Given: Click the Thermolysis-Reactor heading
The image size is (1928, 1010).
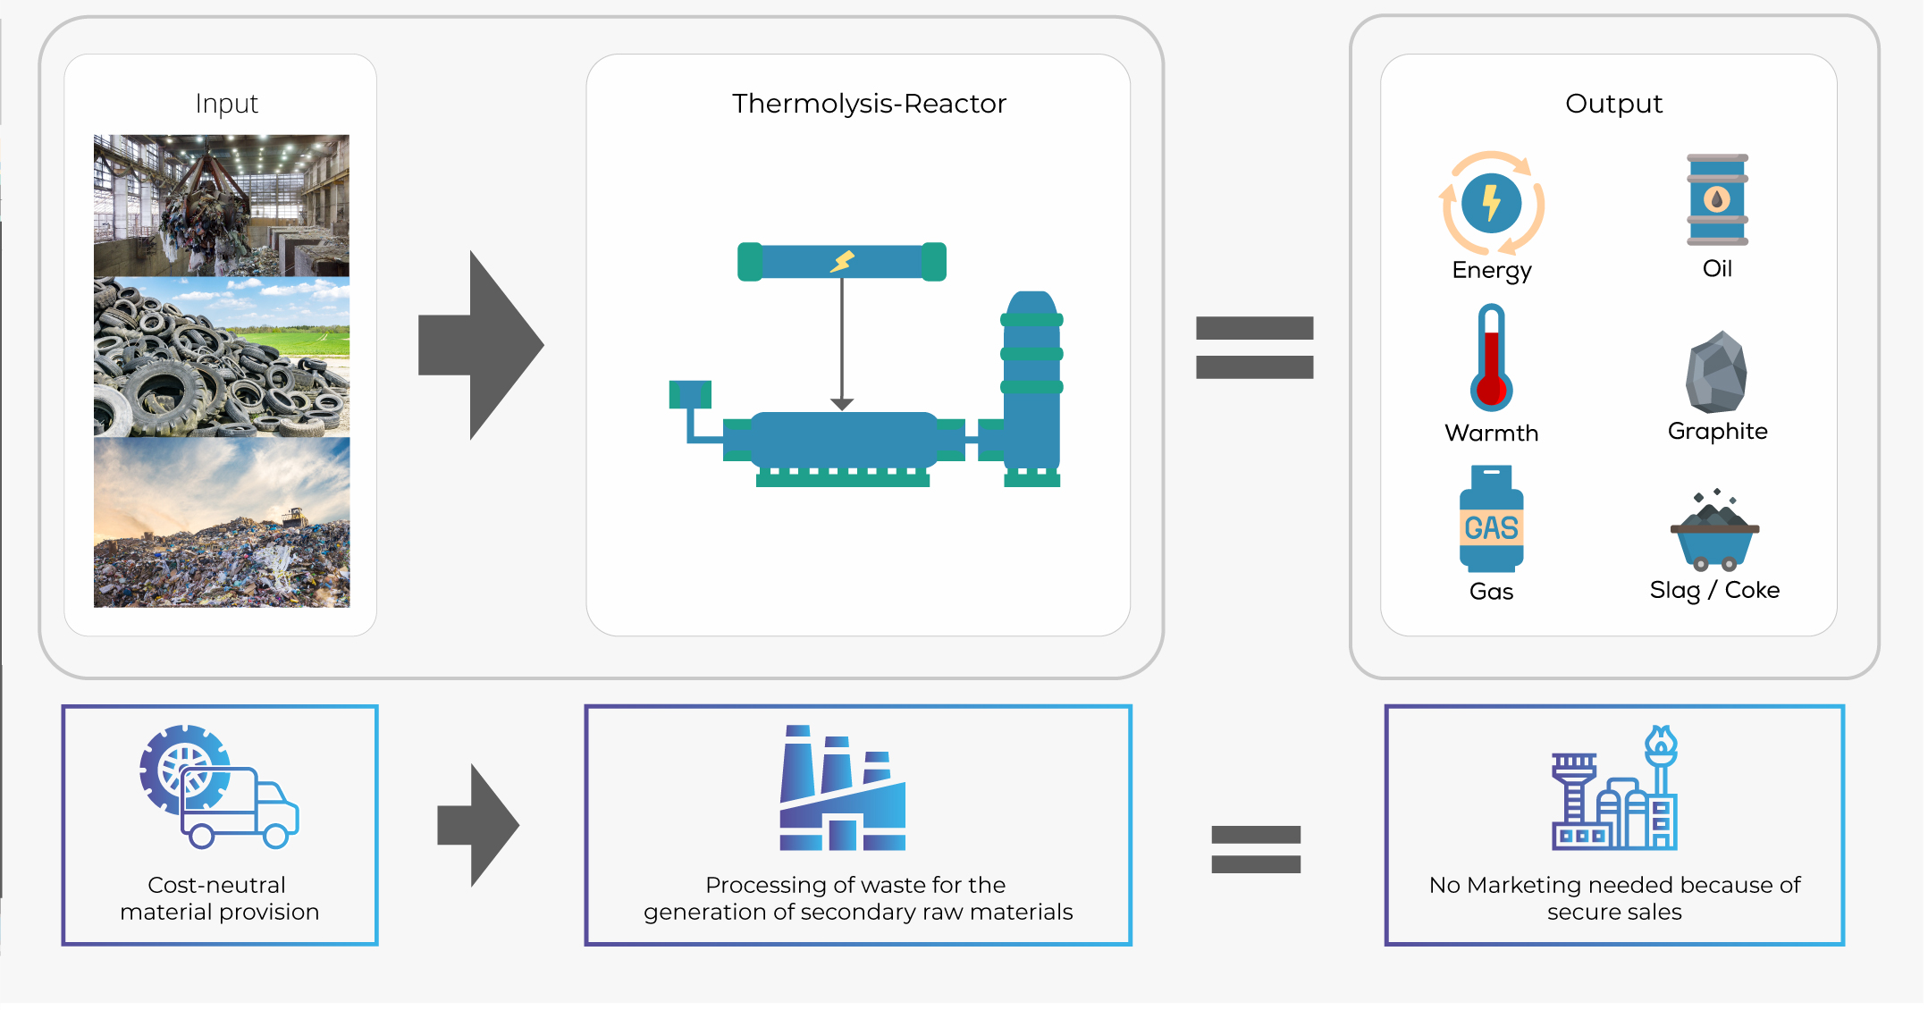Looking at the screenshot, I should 869,104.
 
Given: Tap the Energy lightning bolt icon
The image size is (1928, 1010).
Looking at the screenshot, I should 1491,204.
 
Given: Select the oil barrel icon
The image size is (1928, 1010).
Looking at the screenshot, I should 1717,199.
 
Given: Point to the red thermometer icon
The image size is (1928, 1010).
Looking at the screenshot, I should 1491,358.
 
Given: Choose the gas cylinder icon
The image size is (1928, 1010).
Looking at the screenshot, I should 1491,519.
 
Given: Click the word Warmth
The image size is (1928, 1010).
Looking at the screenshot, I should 1491,433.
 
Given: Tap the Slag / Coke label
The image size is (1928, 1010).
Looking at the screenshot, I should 1714,591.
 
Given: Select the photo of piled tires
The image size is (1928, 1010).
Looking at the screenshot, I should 222,357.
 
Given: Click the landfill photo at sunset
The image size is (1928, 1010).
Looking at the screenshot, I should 222,522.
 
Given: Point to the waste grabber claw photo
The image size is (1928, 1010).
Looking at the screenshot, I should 222,206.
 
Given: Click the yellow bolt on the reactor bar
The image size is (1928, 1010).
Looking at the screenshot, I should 843,261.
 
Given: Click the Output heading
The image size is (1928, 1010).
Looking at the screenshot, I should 1613,104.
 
